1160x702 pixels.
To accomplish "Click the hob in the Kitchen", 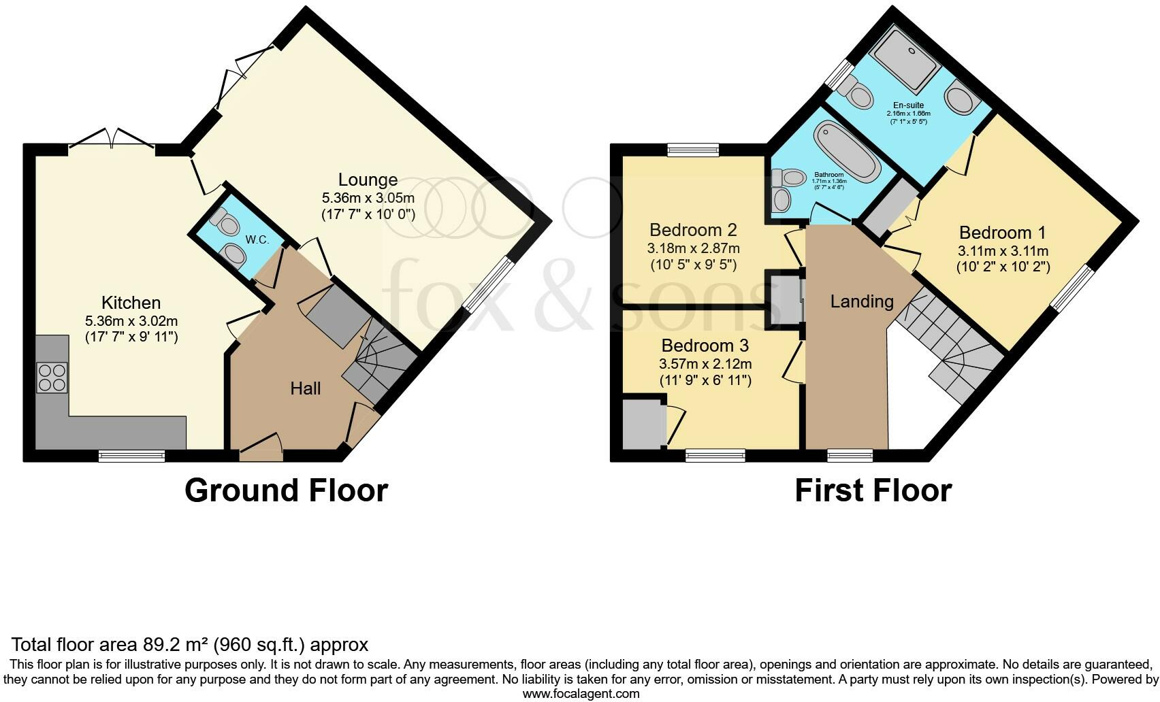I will point(52,378).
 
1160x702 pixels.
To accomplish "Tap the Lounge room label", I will point(368,180).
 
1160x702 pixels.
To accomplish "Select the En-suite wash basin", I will point(962,99).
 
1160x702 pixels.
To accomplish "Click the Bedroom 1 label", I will point(1002,233).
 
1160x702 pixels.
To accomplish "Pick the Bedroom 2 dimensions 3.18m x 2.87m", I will point(693,248).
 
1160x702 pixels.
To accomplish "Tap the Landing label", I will point(861,301).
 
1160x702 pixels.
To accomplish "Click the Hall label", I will point(305,388).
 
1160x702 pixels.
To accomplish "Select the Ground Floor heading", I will point(286,490).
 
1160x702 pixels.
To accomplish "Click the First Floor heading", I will point(873,490).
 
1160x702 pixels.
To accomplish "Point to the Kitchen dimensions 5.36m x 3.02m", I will point(131,320).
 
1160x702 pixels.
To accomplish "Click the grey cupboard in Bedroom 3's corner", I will point(643,424).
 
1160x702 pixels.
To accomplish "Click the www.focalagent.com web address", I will point(581,694).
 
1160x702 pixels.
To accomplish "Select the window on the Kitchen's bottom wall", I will point(131,456).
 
